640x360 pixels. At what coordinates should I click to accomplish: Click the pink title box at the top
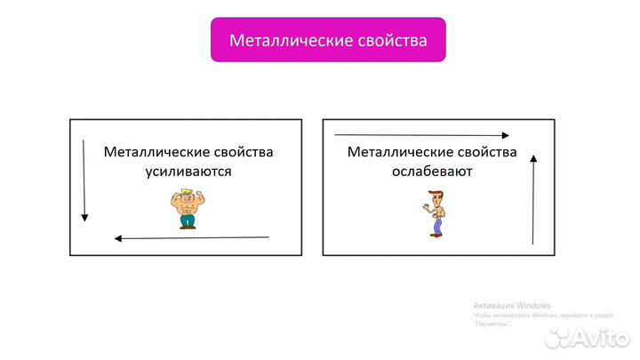coord(328,41)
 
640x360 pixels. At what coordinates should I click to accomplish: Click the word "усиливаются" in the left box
coord(188,172)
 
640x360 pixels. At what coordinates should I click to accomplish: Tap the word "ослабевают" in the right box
coord(431,172)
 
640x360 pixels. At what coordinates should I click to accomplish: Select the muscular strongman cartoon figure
coord(187,209)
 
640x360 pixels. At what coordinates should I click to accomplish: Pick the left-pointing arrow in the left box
coord(191,237)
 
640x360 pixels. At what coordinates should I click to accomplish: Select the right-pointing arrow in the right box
coord(422,135)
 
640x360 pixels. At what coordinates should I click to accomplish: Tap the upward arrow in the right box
coord(532,198)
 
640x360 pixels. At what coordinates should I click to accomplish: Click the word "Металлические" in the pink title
coord(288,41)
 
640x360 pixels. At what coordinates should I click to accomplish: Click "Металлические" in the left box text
coord(156,152)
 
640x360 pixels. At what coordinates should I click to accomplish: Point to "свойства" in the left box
coord(243,152)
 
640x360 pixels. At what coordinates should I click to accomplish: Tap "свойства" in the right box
coord(485,152)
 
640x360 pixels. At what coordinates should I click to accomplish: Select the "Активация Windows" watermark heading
coord(512,304)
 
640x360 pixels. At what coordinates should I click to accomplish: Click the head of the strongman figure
coord(187,196)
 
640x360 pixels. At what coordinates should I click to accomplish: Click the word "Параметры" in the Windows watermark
coord(493,324)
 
